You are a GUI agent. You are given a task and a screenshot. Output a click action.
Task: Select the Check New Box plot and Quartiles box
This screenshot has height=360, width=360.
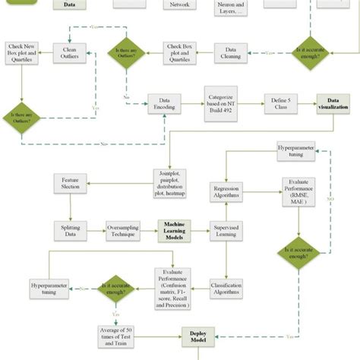[18, 52]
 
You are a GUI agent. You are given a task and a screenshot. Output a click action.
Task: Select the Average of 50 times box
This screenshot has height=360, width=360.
[120, 335]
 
